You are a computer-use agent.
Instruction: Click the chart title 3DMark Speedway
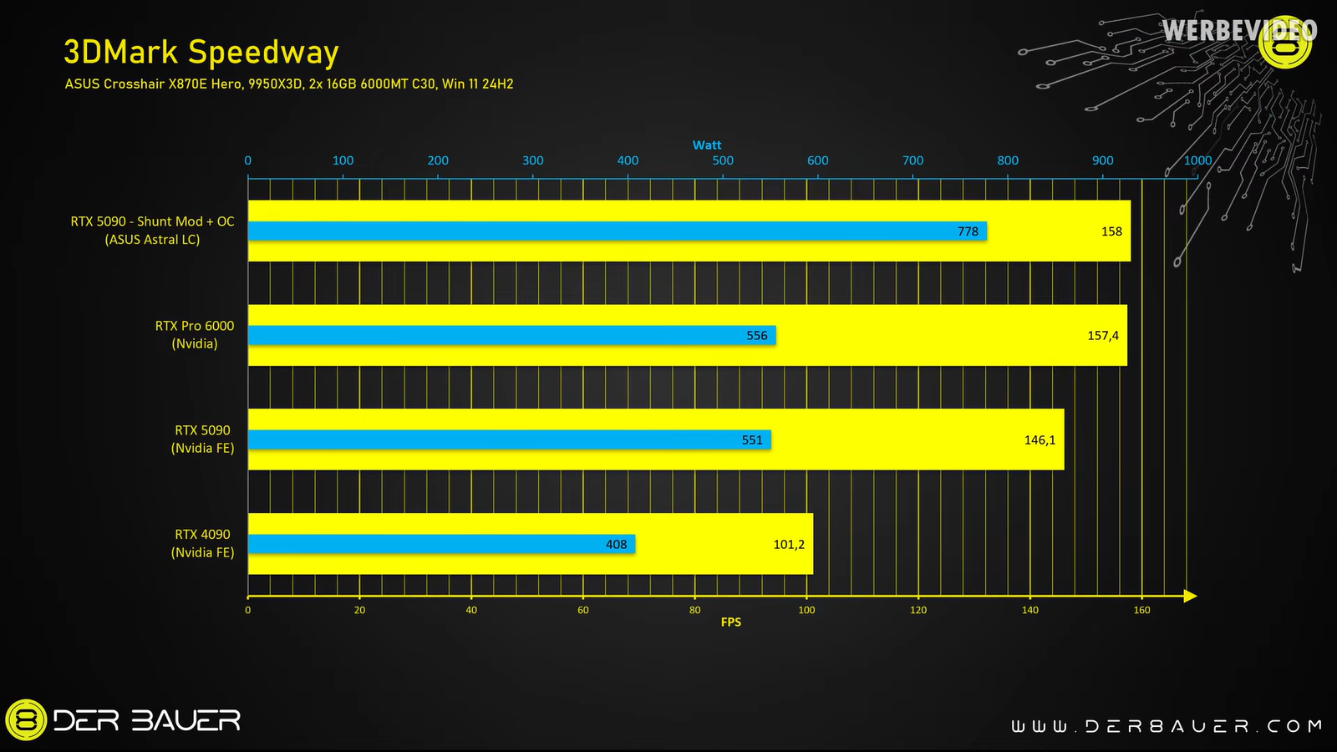coord(201,52)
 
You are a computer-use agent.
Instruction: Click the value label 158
coord(1111,231)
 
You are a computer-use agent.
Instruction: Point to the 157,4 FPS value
coord(1102,335)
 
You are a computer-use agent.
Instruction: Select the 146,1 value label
coord(1040,440)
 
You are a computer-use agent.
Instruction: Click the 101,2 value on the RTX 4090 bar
coord(788,544)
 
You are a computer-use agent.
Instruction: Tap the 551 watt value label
coord(752,440)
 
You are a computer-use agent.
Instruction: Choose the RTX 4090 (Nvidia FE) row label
coord(202,543)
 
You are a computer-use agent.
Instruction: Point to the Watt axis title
coord(707,145)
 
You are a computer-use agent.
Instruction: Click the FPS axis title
coord(730,622)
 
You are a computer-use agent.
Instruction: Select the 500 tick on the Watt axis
coord(723,160)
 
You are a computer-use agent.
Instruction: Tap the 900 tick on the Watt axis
coord(1102,160)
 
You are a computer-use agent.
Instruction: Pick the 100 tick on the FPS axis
coord(806,610)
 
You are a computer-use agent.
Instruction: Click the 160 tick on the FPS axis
coord(1141,610)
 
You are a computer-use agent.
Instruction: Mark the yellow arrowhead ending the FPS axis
coord(1191,596)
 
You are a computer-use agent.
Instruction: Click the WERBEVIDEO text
coord(1238,31)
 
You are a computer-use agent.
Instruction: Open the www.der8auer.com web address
coord(1167,726)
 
